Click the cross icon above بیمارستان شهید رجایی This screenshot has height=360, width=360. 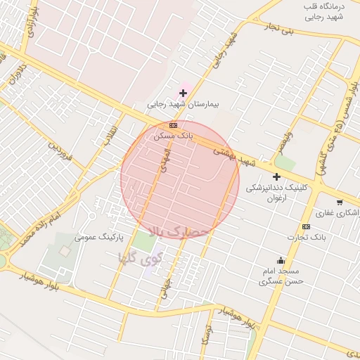[x=184, y=93]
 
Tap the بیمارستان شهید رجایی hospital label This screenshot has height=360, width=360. [x=184, y=104]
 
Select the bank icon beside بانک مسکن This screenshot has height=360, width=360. [x=173, y=125]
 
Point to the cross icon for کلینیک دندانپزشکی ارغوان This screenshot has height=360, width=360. [x=276, y=176]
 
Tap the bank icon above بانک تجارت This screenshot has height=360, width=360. [x=306, y=226]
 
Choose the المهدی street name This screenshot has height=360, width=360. [x=165, y=160]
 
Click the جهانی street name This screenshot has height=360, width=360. [x=165, y=287]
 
